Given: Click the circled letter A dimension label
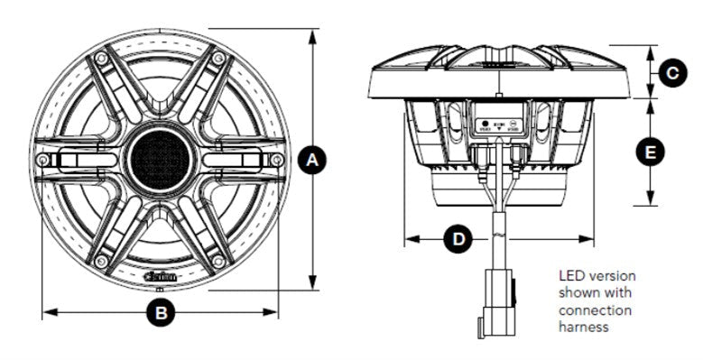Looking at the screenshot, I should click(313, 161).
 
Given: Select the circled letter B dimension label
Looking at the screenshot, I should click(161, 313).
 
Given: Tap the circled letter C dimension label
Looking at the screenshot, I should click(671, 72).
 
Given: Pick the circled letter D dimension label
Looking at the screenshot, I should click(459, 239).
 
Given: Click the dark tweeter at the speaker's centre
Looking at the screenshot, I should click(161, 160).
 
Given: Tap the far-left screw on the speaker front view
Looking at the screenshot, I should click(43, 160).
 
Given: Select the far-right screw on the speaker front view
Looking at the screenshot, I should click(277, 160).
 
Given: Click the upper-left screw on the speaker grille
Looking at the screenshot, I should click(101, 59).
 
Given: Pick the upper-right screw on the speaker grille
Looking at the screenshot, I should click(218, 59).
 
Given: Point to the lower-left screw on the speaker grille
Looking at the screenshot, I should click(101, 262).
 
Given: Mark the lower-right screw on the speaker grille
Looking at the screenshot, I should click(218, 262).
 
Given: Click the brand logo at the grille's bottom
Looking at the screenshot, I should click(161, 277).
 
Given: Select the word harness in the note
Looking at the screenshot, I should click(584, 328).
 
